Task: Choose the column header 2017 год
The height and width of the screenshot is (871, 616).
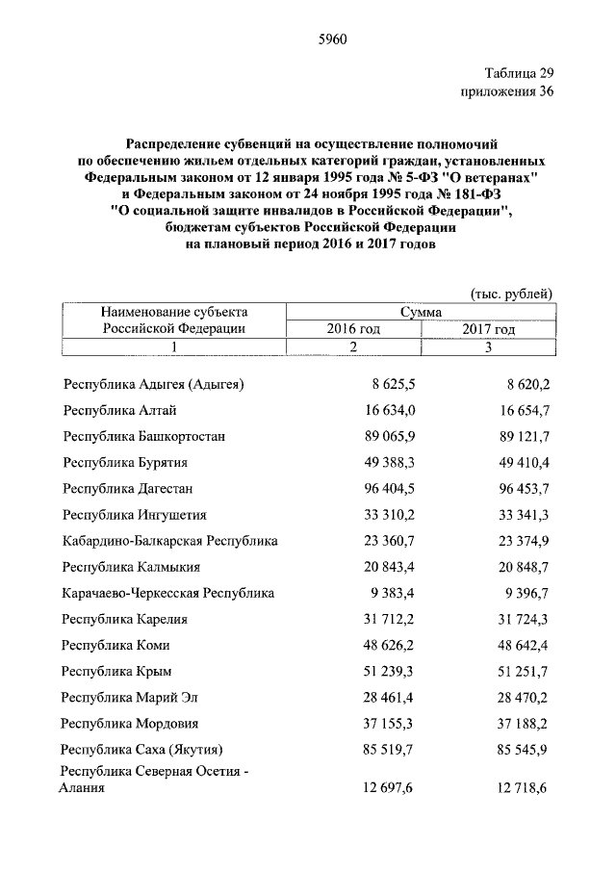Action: (488, 329)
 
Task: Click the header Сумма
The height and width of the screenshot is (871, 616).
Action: (422, 312)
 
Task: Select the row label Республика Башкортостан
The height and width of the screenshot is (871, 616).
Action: (144, 436)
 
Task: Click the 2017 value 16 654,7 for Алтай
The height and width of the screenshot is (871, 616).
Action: (521, 410)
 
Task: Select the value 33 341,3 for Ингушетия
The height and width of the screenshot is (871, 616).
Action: (521, 515)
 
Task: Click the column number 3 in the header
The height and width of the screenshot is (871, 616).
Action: (488, 346)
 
